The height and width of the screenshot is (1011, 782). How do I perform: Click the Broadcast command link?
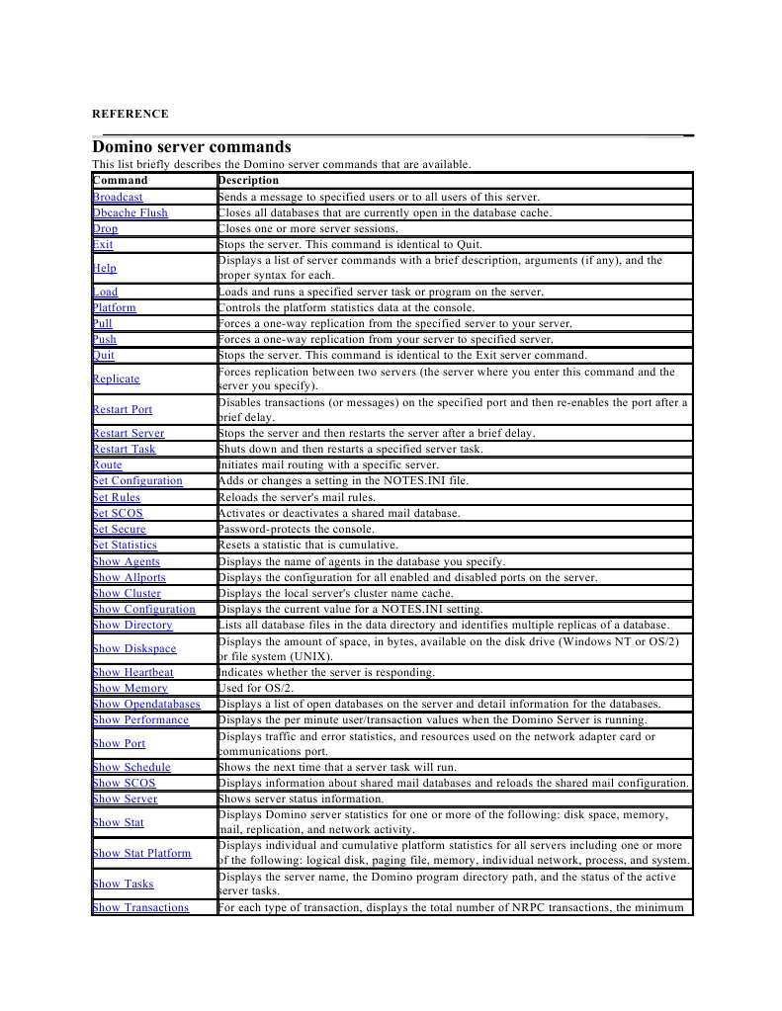(x=118, y=198)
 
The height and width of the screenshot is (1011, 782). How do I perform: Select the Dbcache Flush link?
(x=130, y=213)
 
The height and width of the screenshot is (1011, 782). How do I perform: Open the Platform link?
(x=114, y=308)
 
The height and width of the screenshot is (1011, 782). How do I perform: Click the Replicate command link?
(x=116, y=379)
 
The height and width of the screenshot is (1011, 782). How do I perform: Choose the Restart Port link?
(x=122, y=410)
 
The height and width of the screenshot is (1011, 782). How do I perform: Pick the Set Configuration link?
(x=137, y=481)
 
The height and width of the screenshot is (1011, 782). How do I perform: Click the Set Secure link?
(x=119, y=530)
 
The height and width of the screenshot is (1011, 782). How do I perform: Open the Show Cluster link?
(x=127, y=594)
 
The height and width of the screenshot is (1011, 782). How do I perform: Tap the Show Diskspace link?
(x=134, y=649)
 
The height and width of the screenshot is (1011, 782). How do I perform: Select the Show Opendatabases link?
(x=146, y=705)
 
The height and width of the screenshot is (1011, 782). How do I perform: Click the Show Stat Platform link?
(x=141, y=853)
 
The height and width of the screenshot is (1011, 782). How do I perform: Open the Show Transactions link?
(x=140, y=908)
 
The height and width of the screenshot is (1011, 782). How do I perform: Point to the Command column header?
(x=121, y=181)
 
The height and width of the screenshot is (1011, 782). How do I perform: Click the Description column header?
(x=249, y=181)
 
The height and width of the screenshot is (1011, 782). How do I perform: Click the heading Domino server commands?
(x=192, y=147)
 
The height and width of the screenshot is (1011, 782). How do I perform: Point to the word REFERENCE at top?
(x=130, y=115)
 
